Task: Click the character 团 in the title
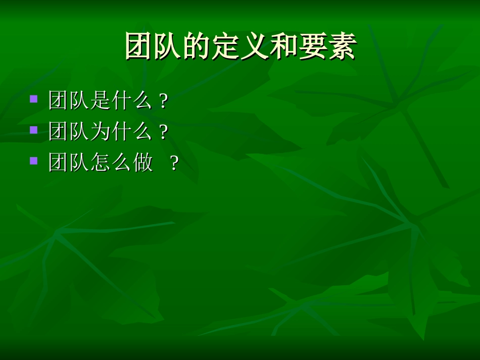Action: [139, 46]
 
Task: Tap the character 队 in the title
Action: [168, 46]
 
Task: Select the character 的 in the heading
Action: [197, 46]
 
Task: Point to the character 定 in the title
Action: [226, 46]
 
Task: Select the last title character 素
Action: [342, 46]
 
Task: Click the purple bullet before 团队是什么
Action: [34, 98]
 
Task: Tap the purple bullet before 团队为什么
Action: [34, 130]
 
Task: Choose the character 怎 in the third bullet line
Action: [101, 163]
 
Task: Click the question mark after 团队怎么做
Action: [174, 164]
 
